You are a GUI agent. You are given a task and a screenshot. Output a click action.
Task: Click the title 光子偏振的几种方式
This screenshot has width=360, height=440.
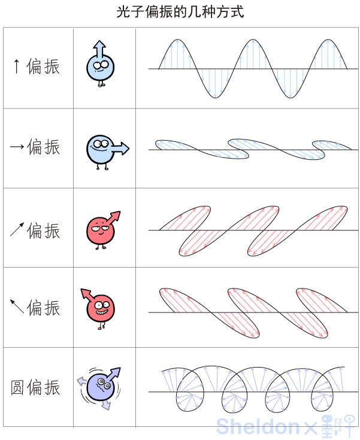180,12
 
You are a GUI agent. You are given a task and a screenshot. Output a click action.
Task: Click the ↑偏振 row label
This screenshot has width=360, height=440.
37,66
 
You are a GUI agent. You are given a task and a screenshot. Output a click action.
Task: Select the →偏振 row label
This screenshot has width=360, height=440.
35,147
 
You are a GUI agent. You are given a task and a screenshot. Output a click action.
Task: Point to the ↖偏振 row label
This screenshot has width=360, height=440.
35,308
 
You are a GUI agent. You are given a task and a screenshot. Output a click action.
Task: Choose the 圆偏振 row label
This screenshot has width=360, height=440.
35,387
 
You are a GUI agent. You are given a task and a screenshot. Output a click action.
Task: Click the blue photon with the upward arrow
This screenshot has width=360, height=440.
99,66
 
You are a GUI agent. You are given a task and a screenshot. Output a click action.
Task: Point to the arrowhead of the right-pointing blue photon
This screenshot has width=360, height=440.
125,148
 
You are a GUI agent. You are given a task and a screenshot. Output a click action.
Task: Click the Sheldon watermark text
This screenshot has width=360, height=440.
258,426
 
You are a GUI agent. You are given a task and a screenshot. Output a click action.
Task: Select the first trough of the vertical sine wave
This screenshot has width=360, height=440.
213,96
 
